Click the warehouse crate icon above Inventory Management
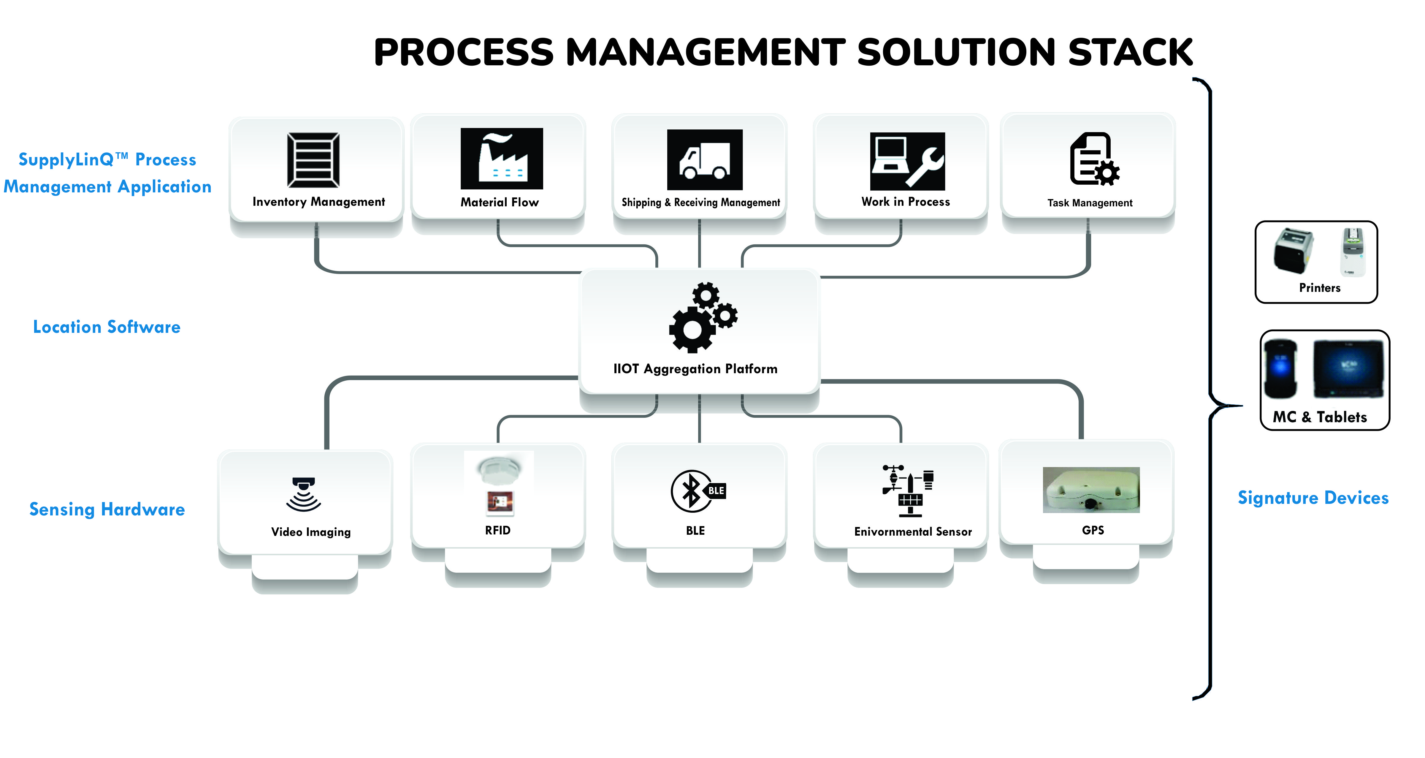tap(313, 160)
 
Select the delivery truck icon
tap(704, 160)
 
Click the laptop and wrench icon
tap(907, 161)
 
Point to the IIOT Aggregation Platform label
tap(695, 369)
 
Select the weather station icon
tap(908, 491)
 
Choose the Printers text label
tap(1319, 288)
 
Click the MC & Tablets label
tap(1319, 417)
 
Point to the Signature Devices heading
tap(1313, 498)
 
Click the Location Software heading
tap(107, 327)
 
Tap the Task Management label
tap(1090, 203)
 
